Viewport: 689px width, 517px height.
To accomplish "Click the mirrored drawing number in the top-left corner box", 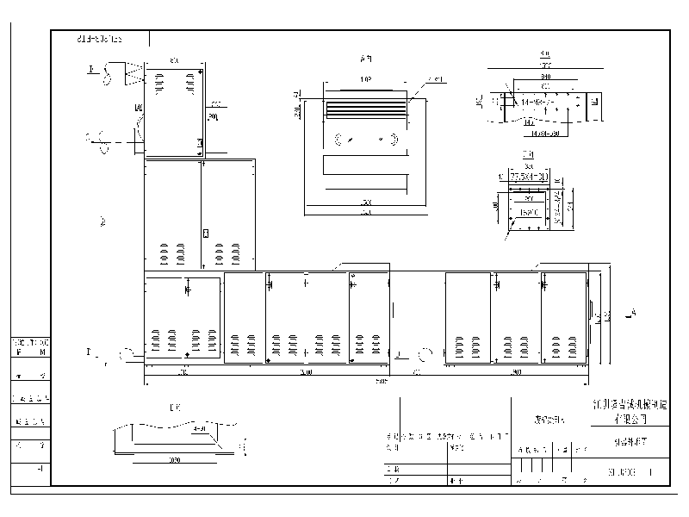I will [x=99, y=39].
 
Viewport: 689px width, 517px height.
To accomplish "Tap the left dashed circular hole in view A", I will [x=338, y=139].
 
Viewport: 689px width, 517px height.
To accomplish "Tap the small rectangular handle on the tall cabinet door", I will [x=205, y=233].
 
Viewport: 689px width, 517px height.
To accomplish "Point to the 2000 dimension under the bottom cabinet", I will [x=306, y=373].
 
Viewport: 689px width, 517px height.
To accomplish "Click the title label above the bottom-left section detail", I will [x=175, y=408].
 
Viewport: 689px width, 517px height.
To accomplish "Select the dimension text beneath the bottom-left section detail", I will [x=175, y=461].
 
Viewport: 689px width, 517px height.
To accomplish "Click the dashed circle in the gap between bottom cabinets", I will [x=425, y=353].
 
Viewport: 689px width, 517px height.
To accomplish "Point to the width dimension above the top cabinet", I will [x=173, y=62].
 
